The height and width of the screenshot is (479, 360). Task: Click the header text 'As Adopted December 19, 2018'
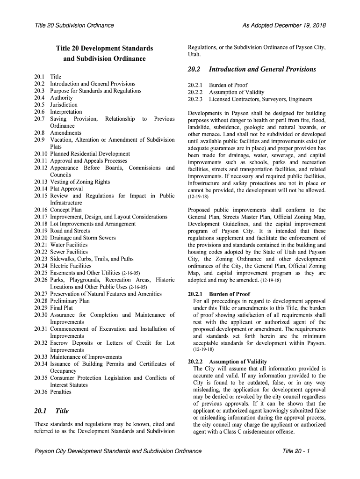pyautogui.click(x=284, y=25)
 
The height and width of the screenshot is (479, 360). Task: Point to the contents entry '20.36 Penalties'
pyautogui.click(x=53, y=392)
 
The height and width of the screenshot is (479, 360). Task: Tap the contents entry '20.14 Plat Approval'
pyautogui.click(x=58, y=189)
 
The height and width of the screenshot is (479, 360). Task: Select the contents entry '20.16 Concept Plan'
pyautogui.click(x=58, y=210)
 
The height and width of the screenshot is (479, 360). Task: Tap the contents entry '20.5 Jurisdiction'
pyautogui.click(x=56, y=105)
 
